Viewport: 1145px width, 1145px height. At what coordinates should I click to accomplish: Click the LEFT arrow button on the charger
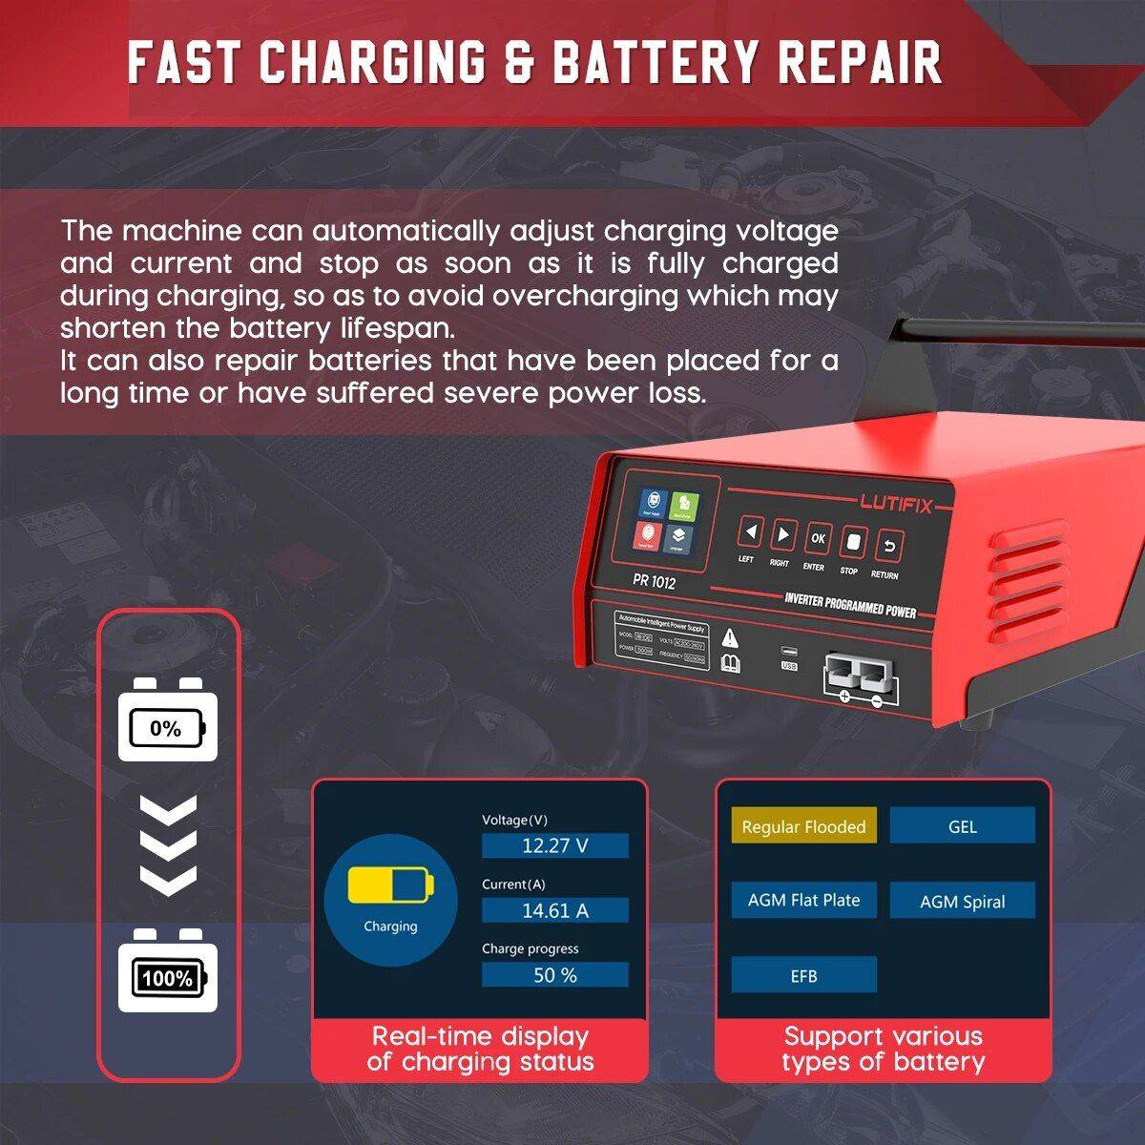[750, 532]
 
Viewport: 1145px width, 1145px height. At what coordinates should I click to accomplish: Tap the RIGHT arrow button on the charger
[783, 535]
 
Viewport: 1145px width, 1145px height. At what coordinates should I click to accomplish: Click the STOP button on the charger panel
[852, 544]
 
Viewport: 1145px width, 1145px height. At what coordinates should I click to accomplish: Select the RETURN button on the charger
[888, 548]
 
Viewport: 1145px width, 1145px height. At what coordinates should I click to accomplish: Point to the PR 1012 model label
[654, 581]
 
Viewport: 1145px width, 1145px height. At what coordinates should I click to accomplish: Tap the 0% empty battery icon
[167, 729]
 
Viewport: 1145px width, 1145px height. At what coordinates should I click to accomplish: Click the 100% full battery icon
[167, 977]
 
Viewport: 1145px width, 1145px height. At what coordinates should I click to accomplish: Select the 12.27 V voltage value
[554, 845]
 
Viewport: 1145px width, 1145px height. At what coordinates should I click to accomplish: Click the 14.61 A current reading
[554, 910]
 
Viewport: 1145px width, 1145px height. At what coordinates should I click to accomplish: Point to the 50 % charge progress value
[554, 975]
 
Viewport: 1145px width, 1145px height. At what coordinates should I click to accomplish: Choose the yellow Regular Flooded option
[803, 827]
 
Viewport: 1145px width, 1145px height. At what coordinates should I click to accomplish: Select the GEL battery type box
[962, 826]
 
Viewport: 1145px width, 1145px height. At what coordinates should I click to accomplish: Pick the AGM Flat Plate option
[803, 900]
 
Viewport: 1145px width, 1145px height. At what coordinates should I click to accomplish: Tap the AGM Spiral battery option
[962, 901]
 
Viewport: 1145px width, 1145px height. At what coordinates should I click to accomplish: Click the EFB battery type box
[803, 975]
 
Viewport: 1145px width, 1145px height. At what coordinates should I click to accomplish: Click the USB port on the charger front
[789, 653]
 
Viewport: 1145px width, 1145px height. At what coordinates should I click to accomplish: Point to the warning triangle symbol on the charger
[730, 637]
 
